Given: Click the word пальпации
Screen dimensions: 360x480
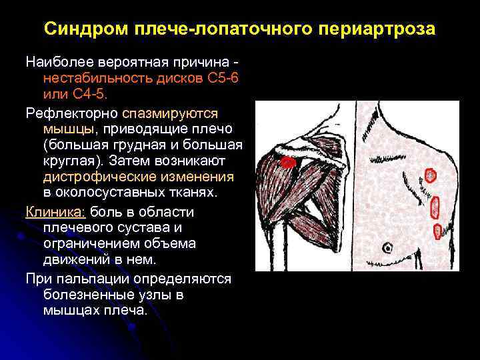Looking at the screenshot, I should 91,279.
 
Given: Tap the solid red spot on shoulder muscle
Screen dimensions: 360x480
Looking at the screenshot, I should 288,162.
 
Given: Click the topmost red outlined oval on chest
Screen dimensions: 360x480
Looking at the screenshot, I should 430,176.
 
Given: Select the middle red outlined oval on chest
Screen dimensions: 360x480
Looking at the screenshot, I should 436,207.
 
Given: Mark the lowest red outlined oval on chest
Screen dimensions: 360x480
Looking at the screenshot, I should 437,231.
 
